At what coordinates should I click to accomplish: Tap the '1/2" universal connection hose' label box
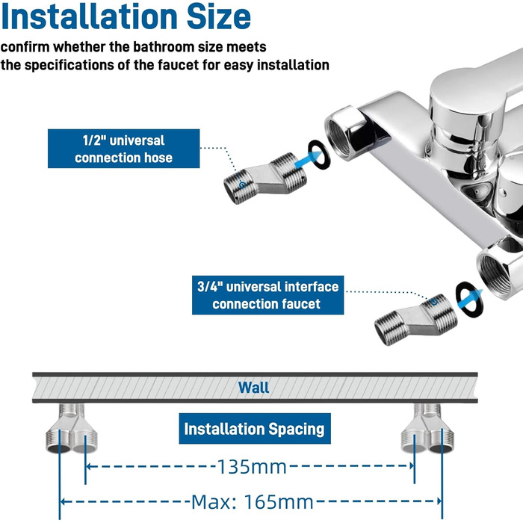(123, 148)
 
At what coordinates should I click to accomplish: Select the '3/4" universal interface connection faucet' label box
(256, 295)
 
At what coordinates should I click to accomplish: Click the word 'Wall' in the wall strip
(254, 388)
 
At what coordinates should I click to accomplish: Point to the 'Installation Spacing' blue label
(254, 429)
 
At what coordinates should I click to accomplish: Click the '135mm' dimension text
(252, 467)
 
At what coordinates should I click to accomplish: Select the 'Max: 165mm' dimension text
(252, 501)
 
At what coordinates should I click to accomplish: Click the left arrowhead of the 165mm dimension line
(63, 501)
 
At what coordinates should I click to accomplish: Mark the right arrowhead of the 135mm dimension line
(411, 467)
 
